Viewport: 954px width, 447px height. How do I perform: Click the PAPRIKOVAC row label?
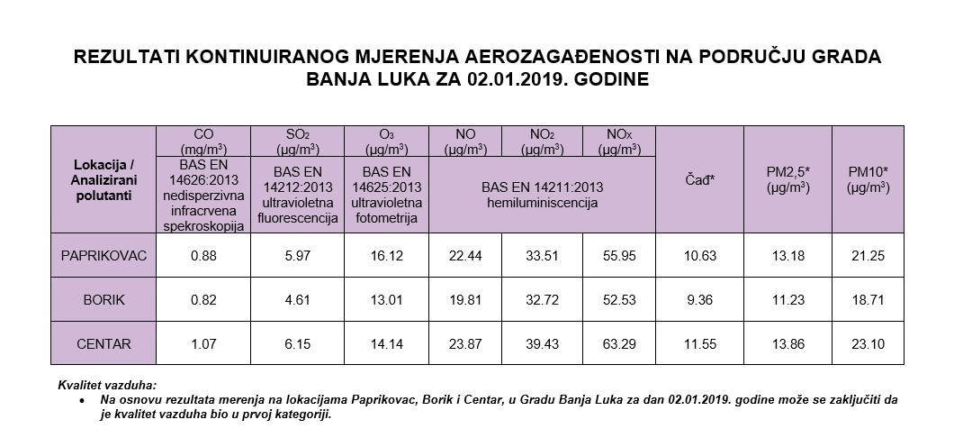click(103, 256)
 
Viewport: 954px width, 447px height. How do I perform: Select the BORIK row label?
click(103, 300)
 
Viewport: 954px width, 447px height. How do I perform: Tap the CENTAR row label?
click(103, 343)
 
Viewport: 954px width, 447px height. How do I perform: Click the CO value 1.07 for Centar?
click(204, 343)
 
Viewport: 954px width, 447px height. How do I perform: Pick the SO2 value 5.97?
click(297, 256)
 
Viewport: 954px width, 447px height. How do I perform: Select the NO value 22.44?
click(466, 256)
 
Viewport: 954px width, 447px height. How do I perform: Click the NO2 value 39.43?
click(542, 343)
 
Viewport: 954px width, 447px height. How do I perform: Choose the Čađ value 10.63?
click(700, 256)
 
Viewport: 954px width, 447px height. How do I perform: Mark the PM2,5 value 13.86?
click(787, 343)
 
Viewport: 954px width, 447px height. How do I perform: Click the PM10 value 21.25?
click(868, 256)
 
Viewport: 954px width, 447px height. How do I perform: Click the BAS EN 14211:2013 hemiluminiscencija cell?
click(542, 196)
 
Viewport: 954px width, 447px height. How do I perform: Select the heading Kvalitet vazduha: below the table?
click(107, 385)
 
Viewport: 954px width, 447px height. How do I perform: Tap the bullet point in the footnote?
click(83, 398)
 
